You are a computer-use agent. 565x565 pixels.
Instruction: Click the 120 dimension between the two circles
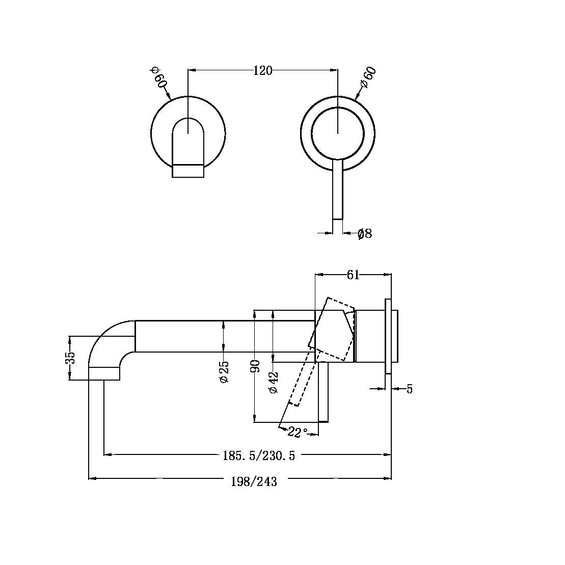[263, 70]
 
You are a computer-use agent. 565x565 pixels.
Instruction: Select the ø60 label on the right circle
[367, 78]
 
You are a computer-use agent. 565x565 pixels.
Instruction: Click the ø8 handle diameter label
[364, 234]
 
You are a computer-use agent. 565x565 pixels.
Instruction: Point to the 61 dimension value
[353, 275]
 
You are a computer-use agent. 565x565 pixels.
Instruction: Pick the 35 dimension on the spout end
[71, 358]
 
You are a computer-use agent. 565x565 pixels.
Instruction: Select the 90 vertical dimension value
[256, 366]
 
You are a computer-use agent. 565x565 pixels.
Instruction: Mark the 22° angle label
[298, 432]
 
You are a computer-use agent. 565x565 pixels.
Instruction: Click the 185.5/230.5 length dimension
[258, 455]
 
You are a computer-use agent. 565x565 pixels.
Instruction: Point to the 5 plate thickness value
[409, 389]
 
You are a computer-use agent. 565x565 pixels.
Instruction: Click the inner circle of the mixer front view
[338, 132]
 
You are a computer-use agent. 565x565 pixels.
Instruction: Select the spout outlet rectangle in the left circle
[188, 171]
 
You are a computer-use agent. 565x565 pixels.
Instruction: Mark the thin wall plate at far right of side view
[388, 336]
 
